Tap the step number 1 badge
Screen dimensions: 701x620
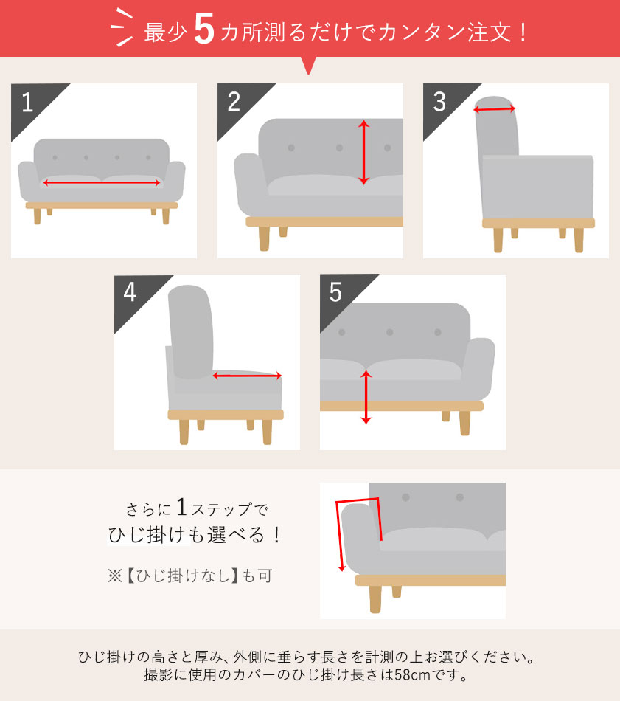tap(27, 103)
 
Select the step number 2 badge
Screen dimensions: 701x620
tap(234, 103)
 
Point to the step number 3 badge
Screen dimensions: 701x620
tap(439, 103)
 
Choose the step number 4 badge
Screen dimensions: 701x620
tap(130, 293)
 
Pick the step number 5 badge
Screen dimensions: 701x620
tap(335, 293)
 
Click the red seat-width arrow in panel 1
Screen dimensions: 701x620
tap(102, 182)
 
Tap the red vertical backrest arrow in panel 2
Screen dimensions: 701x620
tap(363, 153)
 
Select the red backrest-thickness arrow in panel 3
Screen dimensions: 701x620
tap(495, 110)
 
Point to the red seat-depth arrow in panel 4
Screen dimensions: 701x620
tap(248, 376)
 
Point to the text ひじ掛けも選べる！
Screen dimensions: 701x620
tap(195, 536)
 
